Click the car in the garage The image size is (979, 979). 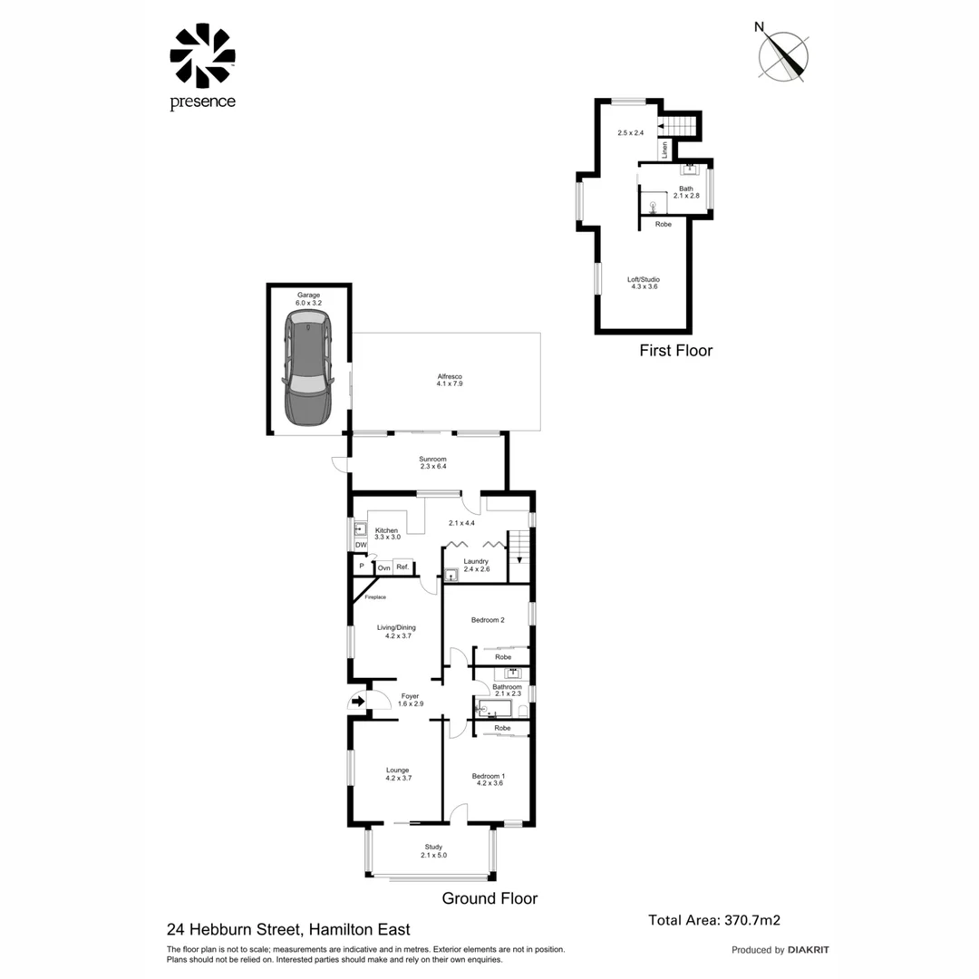307,368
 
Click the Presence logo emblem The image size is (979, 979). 202,56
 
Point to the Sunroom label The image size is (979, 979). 433,462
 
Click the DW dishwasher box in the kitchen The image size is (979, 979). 360,545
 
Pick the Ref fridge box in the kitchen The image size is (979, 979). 401,567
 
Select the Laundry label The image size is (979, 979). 476,565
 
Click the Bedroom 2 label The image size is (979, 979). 488,620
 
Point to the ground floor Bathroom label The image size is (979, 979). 507,690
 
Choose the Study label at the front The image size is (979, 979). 433,850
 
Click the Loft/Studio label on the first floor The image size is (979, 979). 644,282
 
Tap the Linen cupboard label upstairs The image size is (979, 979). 664,150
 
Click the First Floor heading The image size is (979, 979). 675,350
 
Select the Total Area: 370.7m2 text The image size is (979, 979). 714,919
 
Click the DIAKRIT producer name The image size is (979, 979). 809,950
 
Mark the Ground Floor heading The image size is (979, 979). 489,898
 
